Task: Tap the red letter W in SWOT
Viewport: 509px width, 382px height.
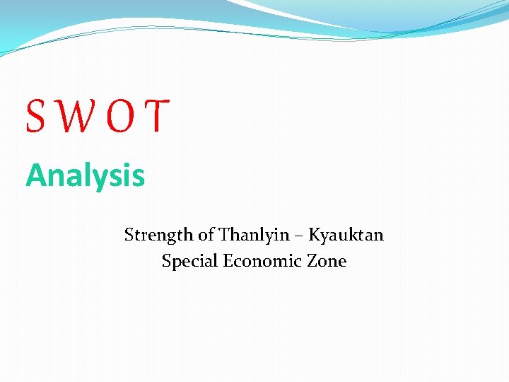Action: pos(74,117)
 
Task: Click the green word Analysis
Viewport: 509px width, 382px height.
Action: pos(86,176)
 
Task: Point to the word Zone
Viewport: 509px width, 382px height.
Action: pos(327,261)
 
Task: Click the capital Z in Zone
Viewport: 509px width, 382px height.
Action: pos(312,261)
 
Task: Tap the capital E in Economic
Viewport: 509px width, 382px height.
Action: pos(228,261)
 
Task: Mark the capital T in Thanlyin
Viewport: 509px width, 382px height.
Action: pos(225,235)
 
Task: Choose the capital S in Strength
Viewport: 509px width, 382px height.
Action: pos(129,235)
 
